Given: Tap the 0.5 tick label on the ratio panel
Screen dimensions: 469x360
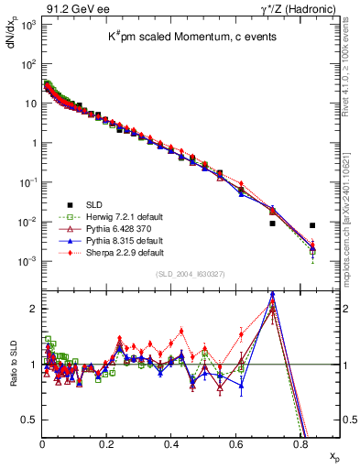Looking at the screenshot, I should [x=29, y=420].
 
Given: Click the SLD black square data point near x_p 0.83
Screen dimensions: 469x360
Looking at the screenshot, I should [x=312, y=225].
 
